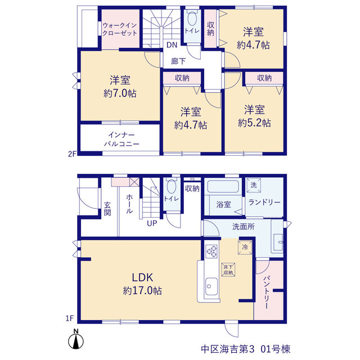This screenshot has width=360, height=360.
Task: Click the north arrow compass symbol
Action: [x=76, y=339]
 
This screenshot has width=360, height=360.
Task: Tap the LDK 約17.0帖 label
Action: [x=142, y=284]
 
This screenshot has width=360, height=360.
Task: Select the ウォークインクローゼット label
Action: [x=120, y=29]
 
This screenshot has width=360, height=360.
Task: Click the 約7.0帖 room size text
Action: [x=120, y=93]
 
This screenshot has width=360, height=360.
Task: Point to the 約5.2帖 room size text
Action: [x=254, y=123]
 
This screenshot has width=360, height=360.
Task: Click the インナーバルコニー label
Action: [x=121, y=139]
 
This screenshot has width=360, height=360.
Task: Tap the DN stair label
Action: [x=172, y=45]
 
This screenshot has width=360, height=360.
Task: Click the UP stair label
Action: [x=152, y=223]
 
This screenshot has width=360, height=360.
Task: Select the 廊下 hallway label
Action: [x=178, y=61]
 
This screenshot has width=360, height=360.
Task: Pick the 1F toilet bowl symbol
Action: [x=171, y=185]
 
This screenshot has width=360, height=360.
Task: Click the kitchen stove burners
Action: [x=211, y=251]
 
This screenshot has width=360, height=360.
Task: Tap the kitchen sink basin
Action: [x=211, y=286]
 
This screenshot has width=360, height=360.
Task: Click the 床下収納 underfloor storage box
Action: [x=228, y=270]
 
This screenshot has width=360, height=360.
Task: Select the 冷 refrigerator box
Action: [x=245, y=247]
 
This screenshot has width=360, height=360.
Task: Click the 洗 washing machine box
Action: [x=254, y=185]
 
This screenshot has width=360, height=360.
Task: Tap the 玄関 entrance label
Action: [x=107, y=209]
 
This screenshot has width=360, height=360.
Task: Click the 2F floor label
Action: [x=72, y=154]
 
